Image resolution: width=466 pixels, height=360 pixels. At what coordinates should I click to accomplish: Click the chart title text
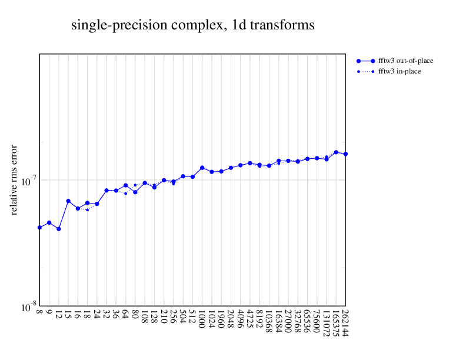click(x=192, y=25)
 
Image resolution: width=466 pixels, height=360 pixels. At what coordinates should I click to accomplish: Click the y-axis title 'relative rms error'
click(x=15, y=179)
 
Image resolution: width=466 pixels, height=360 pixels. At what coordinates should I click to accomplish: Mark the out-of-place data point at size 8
click(x=39, y=227)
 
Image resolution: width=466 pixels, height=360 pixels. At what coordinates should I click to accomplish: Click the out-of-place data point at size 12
click(x=59, y=229)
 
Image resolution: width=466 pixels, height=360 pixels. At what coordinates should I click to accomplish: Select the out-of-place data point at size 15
click(x=68, y=201)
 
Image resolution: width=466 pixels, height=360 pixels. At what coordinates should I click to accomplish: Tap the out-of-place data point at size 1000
click(x=202, y=168)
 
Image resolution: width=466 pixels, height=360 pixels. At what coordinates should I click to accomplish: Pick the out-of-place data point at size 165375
click(x=336, y=152)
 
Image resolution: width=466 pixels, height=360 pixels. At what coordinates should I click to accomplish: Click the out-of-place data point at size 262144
click(x=345, y=154)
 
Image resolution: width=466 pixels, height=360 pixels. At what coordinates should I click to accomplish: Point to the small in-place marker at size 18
click(x=87, y=210)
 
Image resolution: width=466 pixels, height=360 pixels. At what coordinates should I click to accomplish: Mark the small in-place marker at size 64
click(x=125, y=194)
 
